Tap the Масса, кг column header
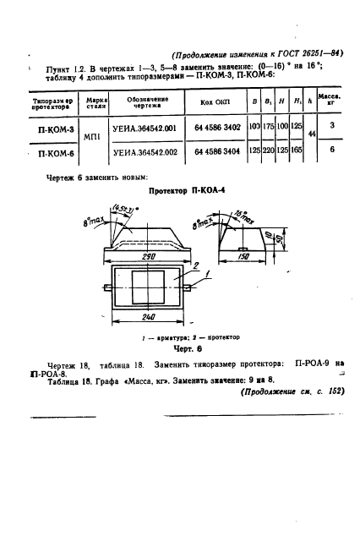point(332,102)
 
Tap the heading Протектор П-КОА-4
point(180,191)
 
